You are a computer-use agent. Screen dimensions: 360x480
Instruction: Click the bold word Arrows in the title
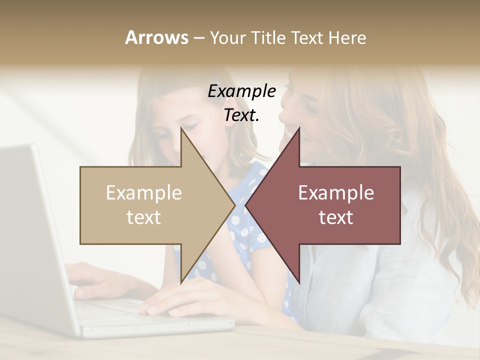tap(156, 37)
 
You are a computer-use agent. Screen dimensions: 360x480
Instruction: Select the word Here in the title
tap(347, 37)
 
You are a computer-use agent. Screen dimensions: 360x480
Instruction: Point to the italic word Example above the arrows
tap(241, 91)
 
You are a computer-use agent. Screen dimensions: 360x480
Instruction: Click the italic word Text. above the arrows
tap(241, 115)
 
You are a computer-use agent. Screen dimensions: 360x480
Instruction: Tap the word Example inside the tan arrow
tap(144, 193)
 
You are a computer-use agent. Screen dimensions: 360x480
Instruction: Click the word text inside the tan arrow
tap(144, 217)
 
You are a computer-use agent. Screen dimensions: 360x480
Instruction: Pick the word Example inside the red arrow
tap(336, 193)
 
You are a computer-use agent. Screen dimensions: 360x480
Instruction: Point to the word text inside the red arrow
tap(336, 217)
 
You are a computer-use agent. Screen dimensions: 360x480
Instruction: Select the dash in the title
tap(198, 38)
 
